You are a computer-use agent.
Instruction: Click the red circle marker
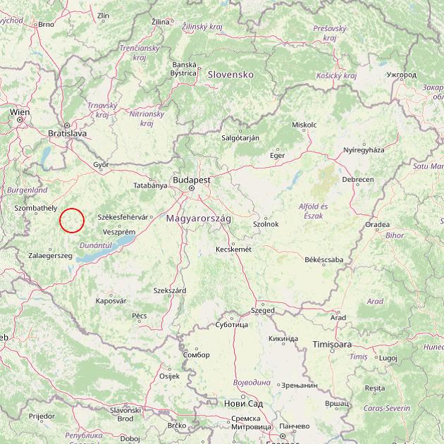tap(72, 220)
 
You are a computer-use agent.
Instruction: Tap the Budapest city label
tap(190, 180)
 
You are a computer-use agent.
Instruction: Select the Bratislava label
tap(67, 132)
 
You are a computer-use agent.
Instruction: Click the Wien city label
tap(20, 111)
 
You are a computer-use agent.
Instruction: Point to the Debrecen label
tap(358, 180)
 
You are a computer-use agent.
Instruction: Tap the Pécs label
tap(140, 316)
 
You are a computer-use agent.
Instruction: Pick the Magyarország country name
tap(199, 219)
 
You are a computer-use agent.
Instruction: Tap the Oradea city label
tap(377, 225)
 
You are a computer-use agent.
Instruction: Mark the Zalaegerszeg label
tap(51, 255)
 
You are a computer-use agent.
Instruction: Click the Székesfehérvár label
tap(123, 217)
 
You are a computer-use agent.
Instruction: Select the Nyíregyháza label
tap(364, 150)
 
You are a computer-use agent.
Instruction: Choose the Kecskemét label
tap(233, 249)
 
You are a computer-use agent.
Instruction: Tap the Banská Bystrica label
tap(183, 68)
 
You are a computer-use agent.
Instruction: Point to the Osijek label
tap(170, 375)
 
